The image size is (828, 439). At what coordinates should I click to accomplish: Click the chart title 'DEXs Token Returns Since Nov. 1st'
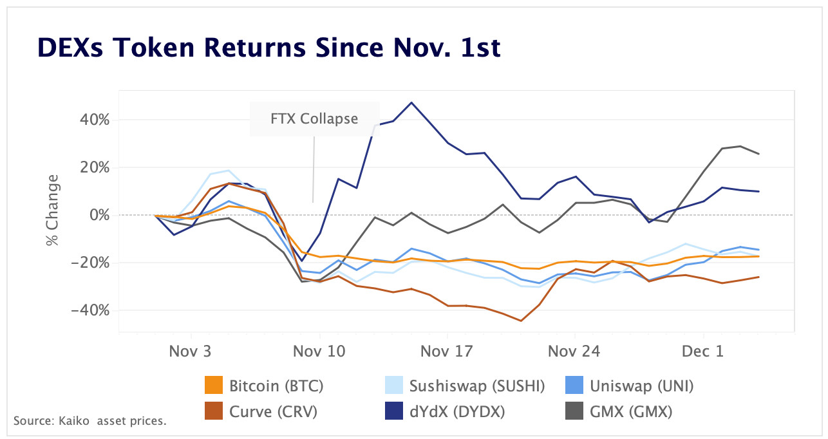point(269,48)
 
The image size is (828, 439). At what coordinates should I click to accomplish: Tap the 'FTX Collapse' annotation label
point(314,119)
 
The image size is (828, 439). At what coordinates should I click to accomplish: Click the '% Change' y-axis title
point(52,210)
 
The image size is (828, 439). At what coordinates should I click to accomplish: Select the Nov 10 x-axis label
point(319,351)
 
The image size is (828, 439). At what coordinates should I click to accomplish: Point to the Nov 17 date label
point(447,351)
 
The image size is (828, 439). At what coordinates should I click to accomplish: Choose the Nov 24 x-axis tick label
point(574,351)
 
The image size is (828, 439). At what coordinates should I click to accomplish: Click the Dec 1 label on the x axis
point(703,351)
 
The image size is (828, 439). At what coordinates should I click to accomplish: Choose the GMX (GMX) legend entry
point(630,411)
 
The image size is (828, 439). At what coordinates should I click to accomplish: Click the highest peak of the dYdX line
point(411,102)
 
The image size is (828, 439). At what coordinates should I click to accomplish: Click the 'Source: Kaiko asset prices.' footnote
point(90,422)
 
